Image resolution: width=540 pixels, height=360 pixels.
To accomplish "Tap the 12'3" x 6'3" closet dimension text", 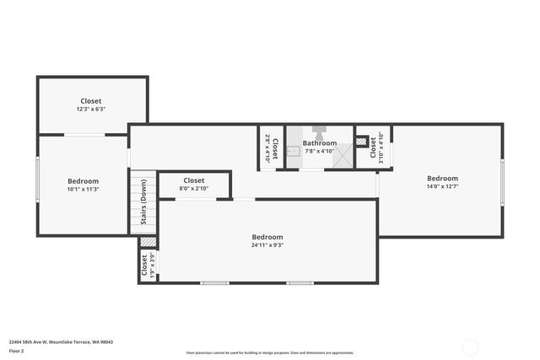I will tap(91, 110).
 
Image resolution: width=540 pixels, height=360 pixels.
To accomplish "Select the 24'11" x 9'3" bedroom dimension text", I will tap(268, 247).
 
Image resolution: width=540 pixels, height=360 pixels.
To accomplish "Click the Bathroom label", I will tap(320, 143).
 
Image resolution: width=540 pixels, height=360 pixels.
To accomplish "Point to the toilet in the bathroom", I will tap(320, 132).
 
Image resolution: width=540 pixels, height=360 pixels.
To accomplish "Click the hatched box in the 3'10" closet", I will tap(362, 142).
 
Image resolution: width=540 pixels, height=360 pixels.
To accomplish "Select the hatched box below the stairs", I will tap(148, 242).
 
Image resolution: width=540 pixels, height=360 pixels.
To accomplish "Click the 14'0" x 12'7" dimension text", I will tap(442, 188).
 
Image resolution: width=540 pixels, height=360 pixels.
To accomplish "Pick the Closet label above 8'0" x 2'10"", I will tap(194, 180).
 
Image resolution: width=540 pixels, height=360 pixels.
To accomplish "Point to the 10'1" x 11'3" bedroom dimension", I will tap(84, 190).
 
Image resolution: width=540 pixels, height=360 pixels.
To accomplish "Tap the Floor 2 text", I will tap(17, 351).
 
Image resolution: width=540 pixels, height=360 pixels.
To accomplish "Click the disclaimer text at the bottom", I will tap(270, 353).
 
